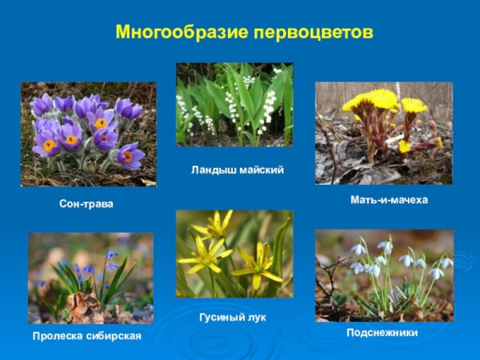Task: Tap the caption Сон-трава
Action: point(86,205)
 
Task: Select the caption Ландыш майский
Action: point(238,170)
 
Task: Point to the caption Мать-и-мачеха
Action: point(389,200)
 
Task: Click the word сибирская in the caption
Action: point(114,336)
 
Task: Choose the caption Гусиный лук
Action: point(233,318)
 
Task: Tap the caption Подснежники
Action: point(382,332)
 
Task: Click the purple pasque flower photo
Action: point(88,134)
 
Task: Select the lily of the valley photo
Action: point(234,105)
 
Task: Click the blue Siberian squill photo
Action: point(90,278)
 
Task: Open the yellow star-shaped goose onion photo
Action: point(234,254)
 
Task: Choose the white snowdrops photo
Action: point(384,275)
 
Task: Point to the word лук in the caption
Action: point(255,318)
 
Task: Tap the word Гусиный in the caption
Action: point(221,318)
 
